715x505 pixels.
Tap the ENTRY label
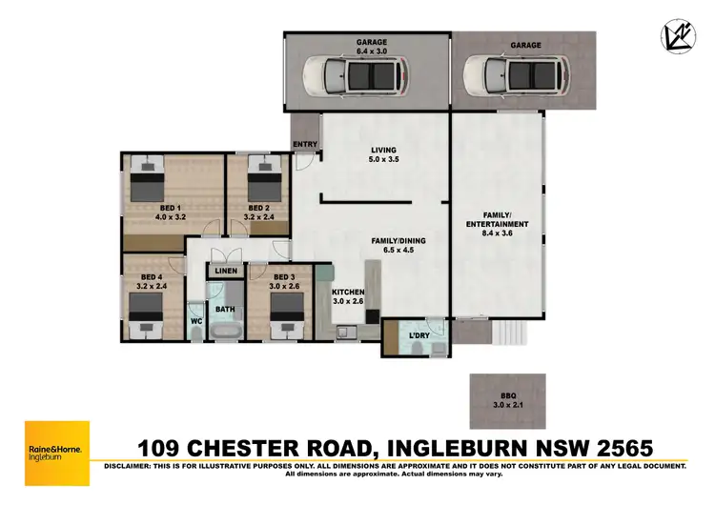(306, 144)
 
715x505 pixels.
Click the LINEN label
(226, 272)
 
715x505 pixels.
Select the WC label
(196, 321)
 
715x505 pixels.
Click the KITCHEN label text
(348, 292)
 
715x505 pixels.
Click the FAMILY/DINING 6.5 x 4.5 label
(398, 246)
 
